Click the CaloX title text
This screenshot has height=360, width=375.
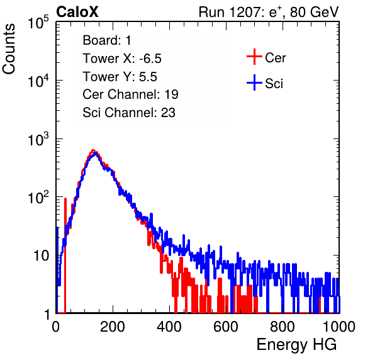pyautogui.click(x=77, y=12)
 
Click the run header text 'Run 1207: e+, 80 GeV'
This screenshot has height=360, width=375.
pyautogui.click(x=269, y=12)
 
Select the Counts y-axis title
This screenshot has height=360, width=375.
pyautogui.click(x=9, y=49)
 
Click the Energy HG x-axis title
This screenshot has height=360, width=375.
pyautogui.click(x=296, y=345)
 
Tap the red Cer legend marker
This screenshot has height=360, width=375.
pyautogui.click(x=254, y=57)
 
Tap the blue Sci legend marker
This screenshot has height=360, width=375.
pyautogui.click(x=254, y=82)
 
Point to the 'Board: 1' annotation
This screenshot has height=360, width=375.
pyautogui.click(x=107, y=40)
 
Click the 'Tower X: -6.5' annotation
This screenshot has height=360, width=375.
pyautogui.click(x=122, y=59)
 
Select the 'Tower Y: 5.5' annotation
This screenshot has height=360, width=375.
pyautogui.click(x=120, y=77)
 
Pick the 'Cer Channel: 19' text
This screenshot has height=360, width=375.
pyautogui.click(x=130, y=94)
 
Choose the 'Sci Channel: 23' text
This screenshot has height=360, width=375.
pyautogui.click(x=129, y=113)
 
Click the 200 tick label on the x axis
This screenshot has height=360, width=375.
pyautogui.click(x=113, y=327)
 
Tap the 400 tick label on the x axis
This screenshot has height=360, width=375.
pyautogui.click(x=169, y=327)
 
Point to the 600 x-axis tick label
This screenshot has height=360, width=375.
pyautogui.click(x=226, y=327)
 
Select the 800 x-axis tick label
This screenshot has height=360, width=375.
pyautogui.click(x=283, y=327)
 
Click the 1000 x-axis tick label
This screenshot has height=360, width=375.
pyautogui.click(x=339, y=327)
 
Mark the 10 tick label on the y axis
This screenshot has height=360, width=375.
pyautogui.click(x=42, y=256)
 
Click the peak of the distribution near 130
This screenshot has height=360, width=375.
pyautogui.click(x=94, y=150)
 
